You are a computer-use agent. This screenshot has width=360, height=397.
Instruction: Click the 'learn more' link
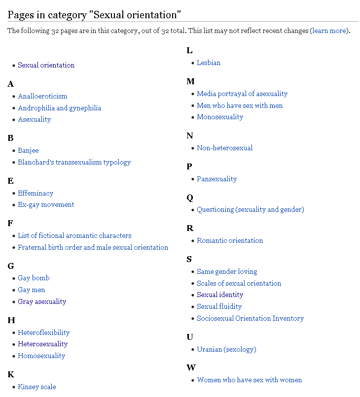point(329,31)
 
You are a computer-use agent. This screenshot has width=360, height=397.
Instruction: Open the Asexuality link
point(35,119)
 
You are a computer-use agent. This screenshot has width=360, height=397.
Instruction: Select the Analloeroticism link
point(42,96)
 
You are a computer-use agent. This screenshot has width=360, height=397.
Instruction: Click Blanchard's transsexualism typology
point(74,162)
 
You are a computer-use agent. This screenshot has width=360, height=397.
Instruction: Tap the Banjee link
point(28,150)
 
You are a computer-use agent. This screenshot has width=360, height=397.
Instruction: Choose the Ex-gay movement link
point(46,204)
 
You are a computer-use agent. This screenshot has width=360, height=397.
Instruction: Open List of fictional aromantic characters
point(74,235)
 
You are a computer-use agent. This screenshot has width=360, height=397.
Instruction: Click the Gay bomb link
point(34,278)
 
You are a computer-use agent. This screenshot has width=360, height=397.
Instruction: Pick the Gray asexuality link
point(42,301)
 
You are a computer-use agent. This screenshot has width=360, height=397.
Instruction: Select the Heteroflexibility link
point(44,332)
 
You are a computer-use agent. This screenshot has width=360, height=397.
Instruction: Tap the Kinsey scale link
point(37,387)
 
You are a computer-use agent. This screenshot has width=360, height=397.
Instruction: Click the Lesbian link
point(209,63)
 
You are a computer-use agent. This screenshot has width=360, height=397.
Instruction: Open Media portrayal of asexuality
point(242,94)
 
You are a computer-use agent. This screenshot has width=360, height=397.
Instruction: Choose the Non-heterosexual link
point(224,148)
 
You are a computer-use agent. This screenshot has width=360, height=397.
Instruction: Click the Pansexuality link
point(216,179)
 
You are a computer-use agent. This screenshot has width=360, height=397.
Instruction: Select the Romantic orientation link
point(230,240)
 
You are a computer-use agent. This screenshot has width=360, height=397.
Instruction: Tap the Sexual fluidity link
point(220,306)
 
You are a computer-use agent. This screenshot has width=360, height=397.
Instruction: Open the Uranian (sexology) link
point(226,349)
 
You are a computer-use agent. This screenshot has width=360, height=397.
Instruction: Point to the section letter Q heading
point(190,198)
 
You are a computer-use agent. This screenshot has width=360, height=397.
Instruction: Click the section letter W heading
point(191,367)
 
